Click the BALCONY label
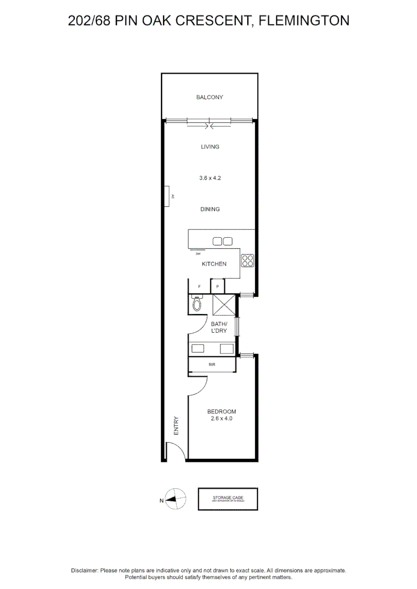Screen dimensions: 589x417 coord(210,98)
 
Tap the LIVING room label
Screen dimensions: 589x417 coord(210,147)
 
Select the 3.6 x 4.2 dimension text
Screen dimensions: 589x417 coord(210,178)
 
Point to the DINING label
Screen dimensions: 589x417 coord(210,209)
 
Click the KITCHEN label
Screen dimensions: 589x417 coord(214,264)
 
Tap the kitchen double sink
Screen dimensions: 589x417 coord(222,241)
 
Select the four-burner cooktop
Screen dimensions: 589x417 coord(248,261)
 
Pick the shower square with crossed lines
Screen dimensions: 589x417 coord(223,305)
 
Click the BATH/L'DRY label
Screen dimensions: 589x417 coord(219,327)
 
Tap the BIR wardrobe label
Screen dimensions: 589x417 coord(212,364)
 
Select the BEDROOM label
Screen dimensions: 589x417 coord(222,412)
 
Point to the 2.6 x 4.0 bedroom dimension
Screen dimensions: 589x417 coord(222,419)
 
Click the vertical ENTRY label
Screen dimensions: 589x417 coord(176,425)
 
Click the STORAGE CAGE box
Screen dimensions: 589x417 coord(228,499)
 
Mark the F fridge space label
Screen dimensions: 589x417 coord(199,286)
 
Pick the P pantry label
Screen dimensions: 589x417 coord(217,286)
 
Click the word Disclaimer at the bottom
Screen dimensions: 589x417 coord(85,570)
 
